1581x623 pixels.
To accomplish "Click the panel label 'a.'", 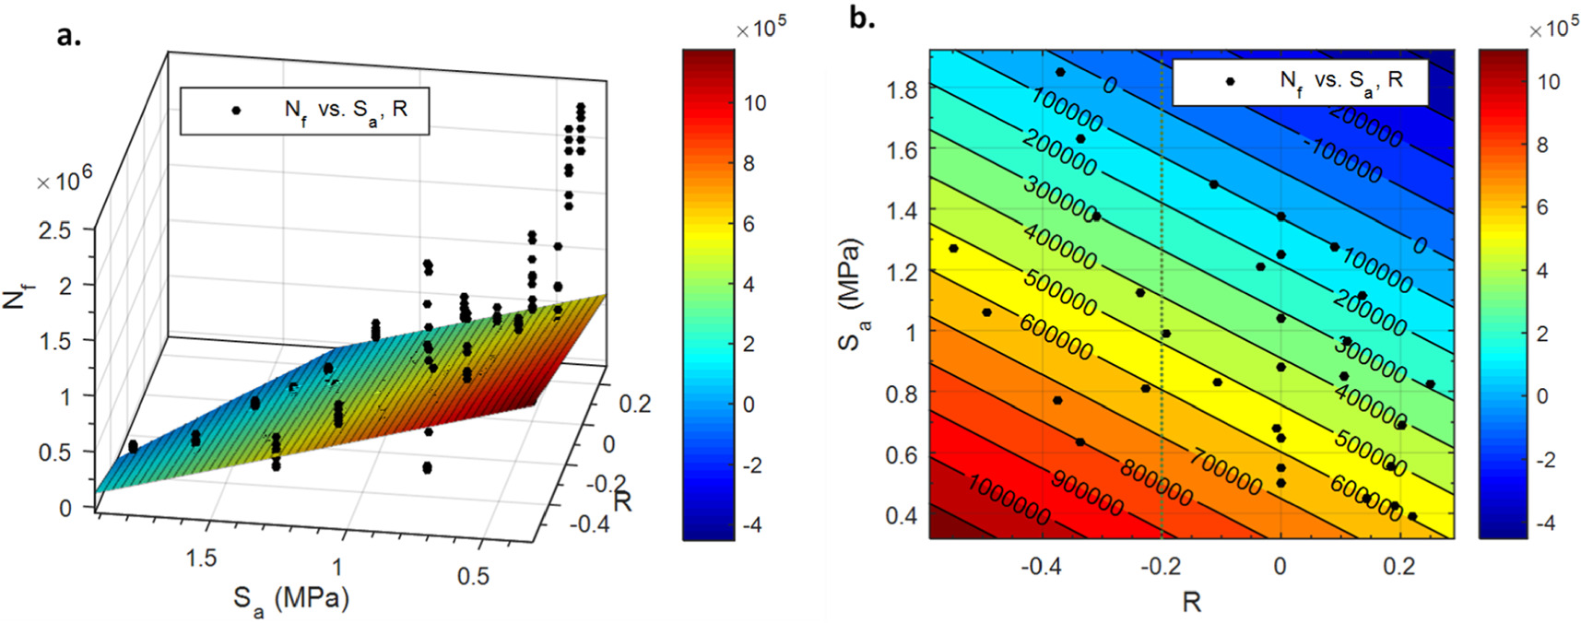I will coord(69,34).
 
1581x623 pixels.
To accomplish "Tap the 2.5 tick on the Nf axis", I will coord(53,230).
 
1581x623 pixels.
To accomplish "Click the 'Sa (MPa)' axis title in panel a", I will coord(291,600).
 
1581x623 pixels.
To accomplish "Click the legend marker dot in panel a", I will coord(236,111).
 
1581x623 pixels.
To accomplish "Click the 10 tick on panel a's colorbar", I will coord(754,103).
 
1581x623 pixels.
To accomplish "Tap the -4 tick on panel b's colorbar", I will coord(1544,522).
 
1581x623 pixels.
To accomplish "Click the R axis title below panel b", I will coord(1191,602).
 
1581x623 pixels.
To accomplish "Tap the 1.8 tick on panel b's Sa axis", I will coord(902,90).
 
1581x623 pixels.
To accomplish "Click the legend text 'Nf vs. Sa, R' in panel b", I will coord(1341,81).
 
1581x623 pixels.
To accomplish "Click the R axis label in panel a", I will coord(623,501).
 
